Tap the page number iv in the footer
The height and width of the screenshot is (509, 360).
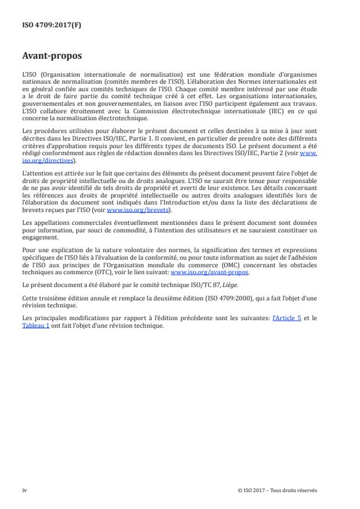pyautogui.click(x=24, y=490)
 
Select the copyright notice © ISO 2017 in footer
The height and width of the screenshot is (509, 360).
pyautogui.click(x=277, y=490)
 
